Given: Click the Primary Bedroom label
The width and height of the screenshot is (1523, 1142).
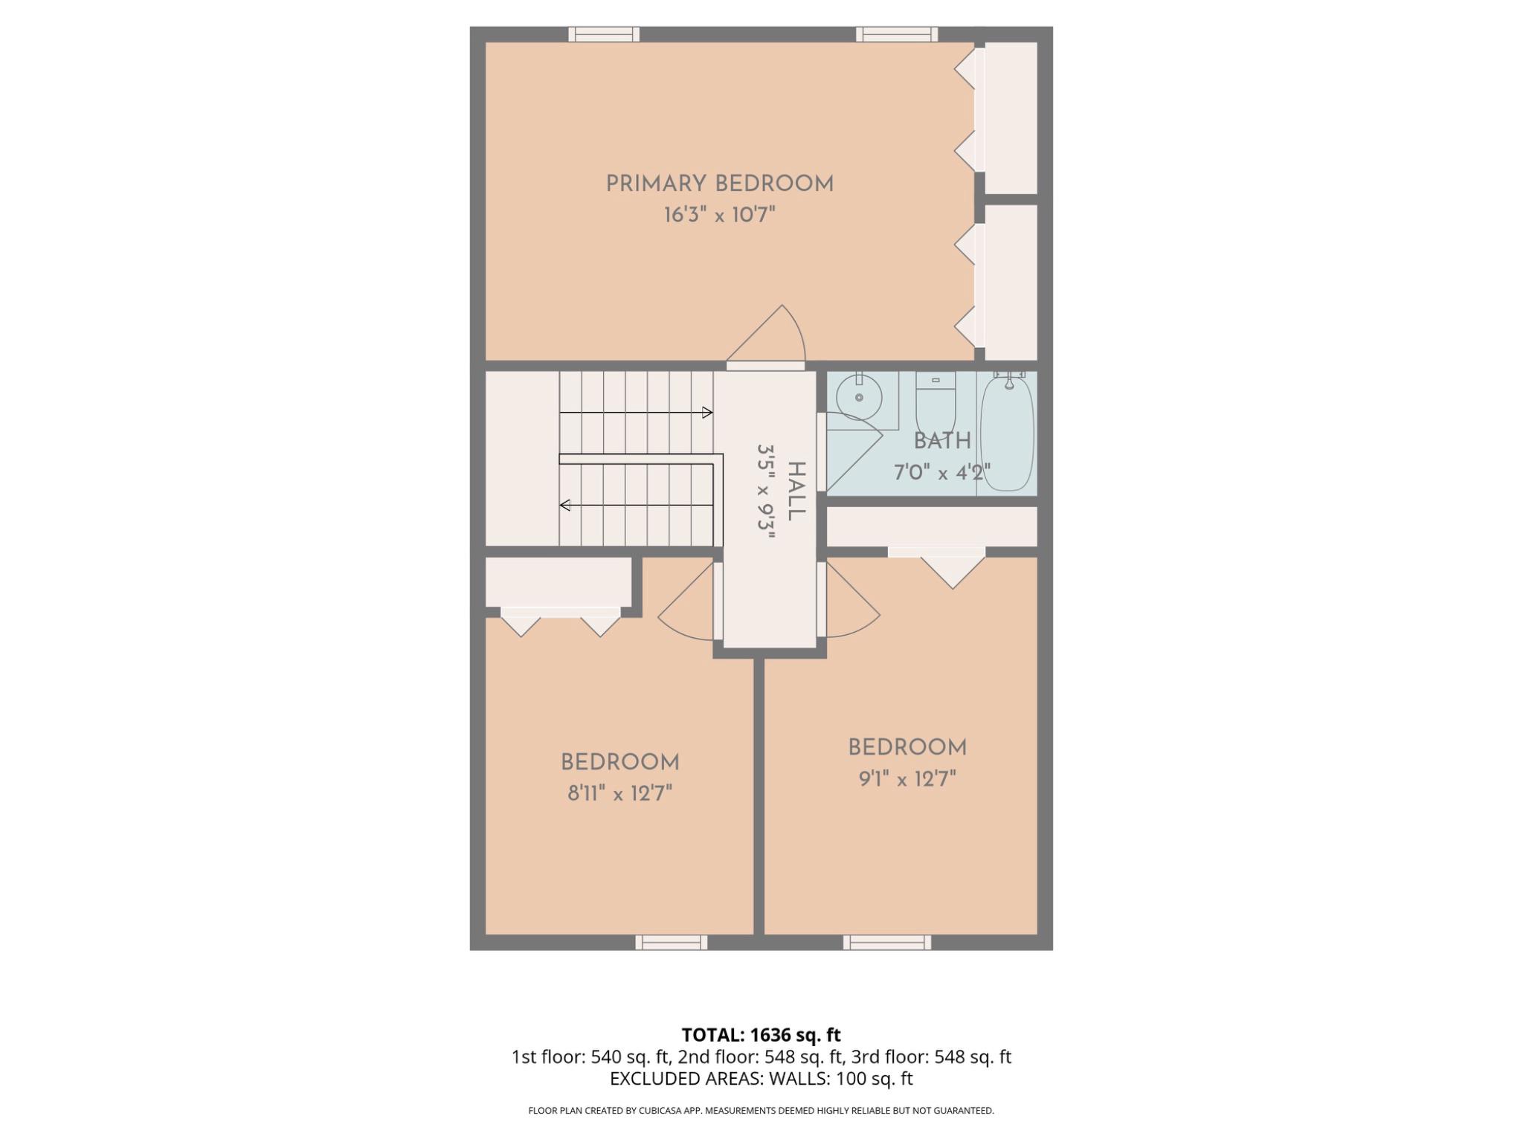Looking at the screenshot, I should (719, 184).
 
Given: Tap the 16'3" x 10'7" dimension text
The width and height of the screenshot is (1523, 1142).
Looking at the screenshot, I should (719, 216).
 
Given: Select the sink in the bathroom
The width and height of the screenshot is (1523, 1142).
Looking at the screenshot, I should (858, 396).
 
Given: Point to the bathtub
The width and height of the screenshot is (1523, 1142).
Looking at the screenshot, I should (1007, 433).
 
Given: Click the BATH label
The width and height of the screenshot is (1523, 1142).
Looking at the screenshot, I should (941, 441).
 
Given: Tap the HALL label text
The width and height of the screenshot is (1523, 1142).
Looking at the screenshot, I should (796, 491).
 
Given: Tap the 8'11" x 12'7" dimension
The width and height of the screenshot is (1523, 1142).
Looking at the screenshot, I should (619, 794).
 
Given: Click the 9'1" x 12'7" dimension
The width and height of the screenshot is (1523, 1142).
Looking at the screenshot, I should (907, 779).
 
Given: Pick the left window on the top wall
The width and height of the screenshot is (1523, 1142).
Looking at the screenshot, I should (604, 34).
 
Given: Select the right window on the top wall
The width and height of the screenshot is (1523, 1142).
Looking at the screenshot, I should (896, 34).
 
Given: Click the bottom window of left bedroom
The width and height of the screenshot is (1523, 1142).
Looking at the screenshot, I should (671, 943).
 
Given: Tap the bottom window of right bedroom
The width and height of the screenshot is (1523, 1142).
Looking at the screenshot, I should (886, 943).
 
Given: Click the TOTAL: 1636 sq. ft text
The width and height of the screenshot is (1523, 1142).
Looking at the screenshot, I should (761, 1035).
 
